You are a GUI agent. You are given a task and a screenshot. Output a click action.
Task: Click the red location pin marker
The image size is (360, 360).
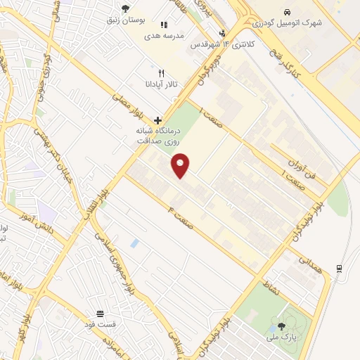(181, 165)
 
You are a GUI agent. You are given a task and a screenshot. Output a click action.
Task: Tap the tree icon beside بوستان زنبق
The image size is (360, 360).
(125, 8)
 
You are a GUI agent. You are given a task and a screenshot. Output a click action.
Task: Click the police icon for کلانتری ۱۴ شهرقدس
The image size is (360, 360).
(223, 33)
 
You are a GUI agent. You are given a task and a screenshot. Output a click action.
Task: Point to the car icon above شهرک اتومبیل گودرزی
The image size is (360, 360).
(288, 13)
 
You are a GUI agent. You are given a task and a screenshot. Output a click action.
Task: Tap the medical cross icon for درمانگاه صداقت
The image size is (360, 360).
(157, 120)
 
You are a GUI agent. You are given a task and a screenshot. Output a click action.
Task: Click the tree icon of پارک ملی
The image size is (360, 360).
(282, 326)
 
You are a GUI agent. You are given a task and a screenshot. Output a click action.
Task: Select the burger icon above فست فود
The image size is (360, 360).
(100, 313)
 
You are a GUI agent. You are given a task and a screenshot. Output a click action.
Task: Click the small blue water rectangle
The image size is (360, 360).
(135, 243)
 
